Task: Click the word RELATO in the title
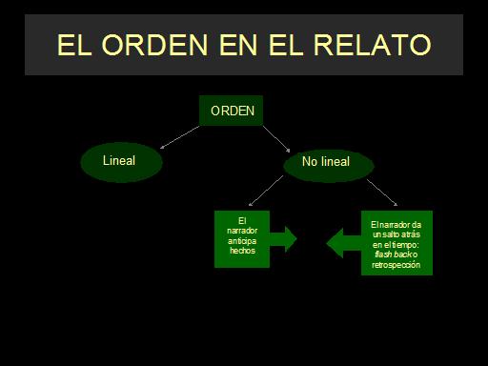click(373, 45)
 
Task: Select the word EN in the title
click(238, 45)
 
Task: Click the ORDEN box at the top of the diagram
click(231, 111)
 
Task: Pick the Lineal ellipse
click(122, 162)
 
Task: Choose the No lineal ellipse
click(329, 165)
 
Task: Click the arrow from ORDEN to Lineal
click(180, 137)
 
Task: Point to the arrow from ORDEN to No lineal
click(276, 139)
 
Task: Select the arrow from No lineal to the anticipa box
click(266, 191)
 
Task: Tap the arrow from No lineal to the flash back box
click(382, 193)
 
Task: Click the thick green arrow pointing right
click(283, 239)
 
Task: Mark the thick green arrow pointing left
click(344, 243)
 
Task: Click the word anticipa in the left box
click(242, 241)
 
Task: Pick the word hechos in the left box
click(242, 251)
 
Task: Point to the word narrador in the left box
click(242, 231)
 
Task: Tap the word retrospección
click(396, 265)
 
